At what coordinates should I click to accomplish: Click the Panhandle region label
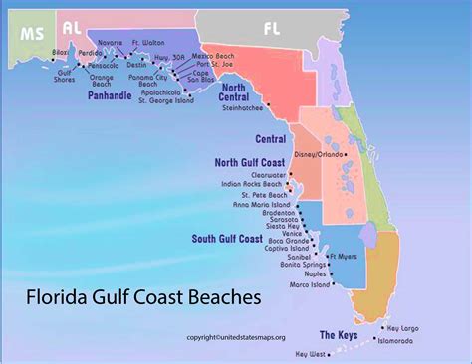tap(110, 96)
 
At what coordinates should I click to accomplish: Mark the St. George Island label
tap(167, 100)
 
